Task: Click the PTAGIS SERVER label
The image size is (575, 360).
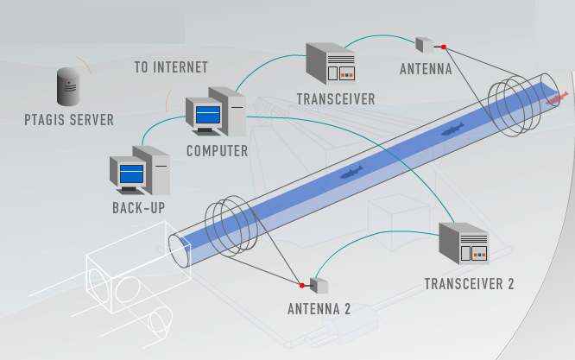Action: pos(69,120)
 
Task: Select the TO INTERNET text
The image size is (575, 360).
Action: pos(171,66)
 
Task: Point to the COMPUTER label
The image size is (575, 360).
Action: pos(218,150)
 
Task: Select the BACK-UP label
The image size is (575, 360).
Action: pos(138,207)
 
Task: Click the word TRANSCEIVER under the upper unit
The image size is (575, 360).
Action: pos(336,98)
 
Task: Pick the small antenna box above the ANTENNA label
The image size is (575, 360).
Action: pos(425,44)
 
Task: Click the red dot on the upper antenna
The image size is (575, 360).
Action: pos(443,47)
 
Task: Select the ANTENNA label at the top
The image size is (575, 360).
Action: pos(426,69)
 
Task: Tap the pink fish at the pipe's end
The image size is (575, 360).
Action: pos(553,99)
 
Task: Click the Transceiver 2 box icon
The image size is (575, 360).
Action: pos(463,244)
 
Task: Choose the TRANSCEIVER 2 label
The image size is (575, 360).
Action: pos(469,284)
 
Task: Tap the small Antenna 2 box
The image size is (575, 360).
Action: pos(318,285)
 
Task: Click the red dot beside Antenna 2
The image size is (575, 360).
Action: pos(301,285)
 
